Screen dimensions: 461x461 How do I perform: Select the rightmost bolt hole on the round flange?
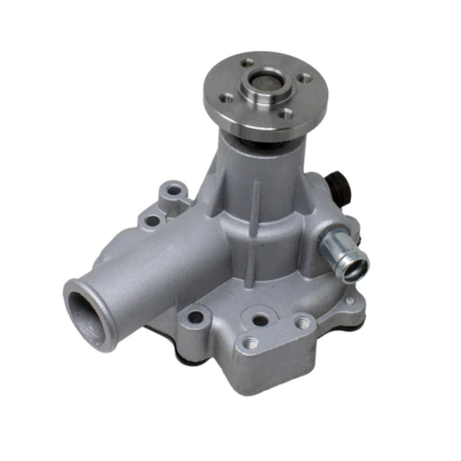[303, 79]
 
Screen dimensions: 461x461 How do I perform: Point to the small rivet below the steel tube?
[349, 301]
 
